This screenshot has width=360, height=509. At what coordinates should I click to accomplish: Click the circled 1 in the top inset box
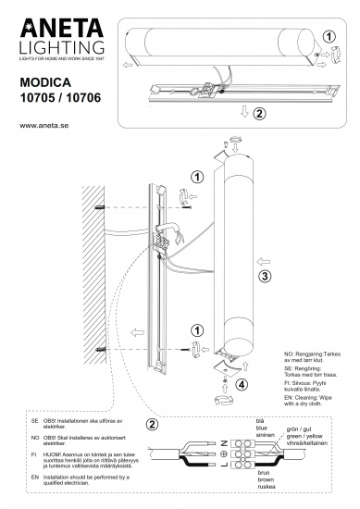coord(332,36)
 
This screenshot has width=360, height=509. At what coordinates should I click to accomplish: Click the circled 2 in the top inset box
coord(258,114)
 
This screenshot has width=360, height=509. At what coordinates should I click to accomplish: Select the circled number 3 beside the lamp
coord(264,275)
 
